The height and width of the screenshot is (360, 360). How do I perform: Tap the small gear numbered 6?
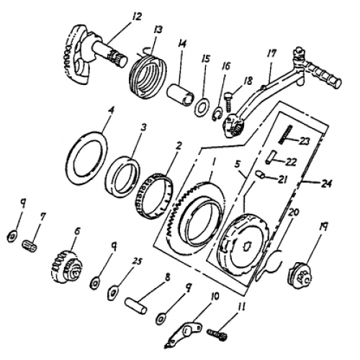click(68, 266)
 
